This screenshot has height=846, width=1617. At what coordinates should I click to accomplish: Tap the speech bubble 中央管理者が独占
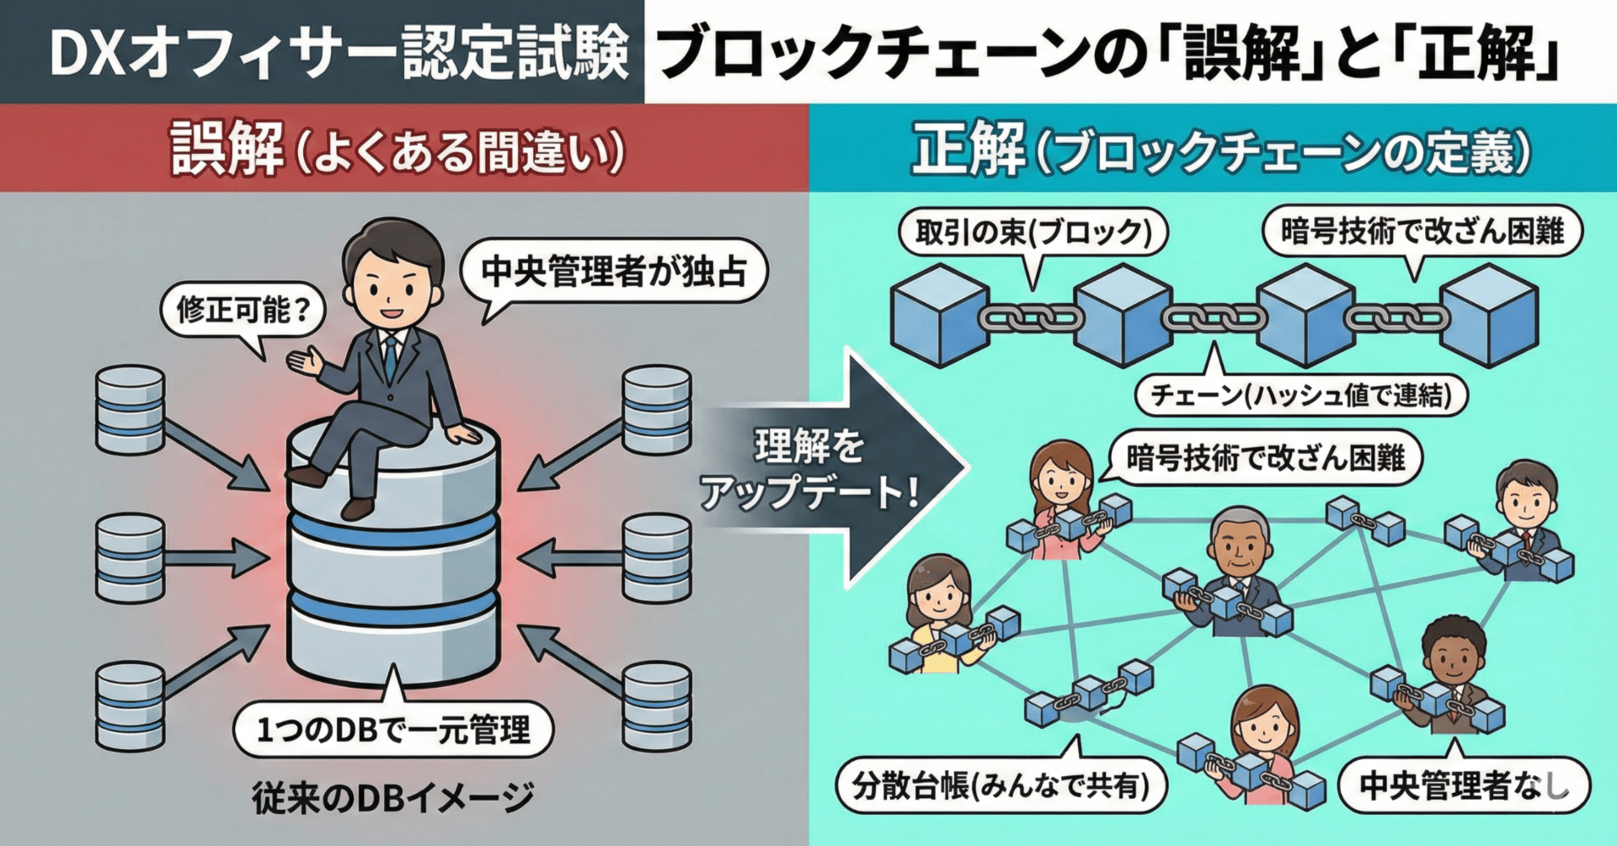(x=614, y=272)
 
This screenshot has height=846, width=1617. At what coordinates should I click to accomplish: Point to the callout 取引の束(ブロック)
(x=1033, y=231)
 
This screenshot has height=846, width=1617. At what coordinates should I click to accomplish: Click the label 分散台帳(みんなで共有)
(x=1001, y=785)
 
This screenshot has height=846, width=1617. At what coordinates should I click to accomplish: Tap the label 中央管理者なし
(x=1464, y=786)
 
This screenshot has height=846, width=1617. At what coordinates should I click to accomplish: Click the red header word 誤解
(x=226, y=149)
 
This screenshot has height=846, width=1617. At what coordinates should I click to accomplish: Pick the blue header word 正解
(x=969, y=149)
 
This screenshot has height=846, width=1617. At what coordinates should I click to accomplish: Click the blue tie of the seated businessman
(x=390, y=358)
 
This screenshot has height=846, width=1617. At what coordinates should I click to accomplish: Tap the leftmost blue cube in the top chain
(x=938, y=316)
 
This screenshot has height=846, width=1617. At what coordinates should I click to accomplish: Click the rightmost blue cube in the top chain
(x=1489, y=316)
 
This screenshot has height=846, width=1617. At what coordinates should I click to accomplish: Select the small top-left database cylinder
(x=130, y=410)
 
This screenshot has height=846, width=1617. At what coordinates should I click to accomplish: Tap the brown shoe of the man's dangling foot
(x=357, y=508)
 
